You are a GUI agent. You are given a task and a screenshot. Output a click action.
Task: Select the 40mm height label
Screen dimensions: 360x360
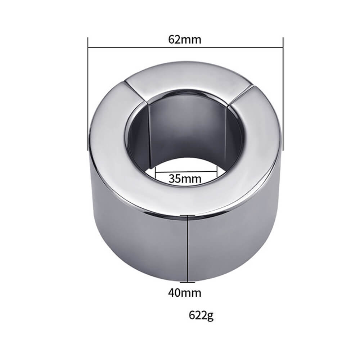(185, 293)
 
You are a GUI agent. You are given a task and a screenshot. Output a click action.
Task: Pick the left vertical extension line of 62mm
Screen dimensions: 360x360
(88, 94)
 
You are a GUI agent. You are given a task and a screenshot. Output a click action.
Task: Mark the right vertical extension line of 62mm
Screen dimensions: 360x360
(283, 94)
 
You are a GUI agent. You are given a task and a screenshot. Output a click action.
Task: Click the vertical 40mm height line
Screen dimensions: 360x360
(188, 248)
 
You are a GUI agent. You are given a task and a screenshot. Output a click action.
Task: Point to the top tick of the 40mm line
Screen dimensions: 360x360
(188, 215)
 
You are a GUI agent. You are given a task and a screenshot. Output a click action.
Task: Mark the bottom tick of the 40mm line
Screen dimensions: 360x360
(188, 282)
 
